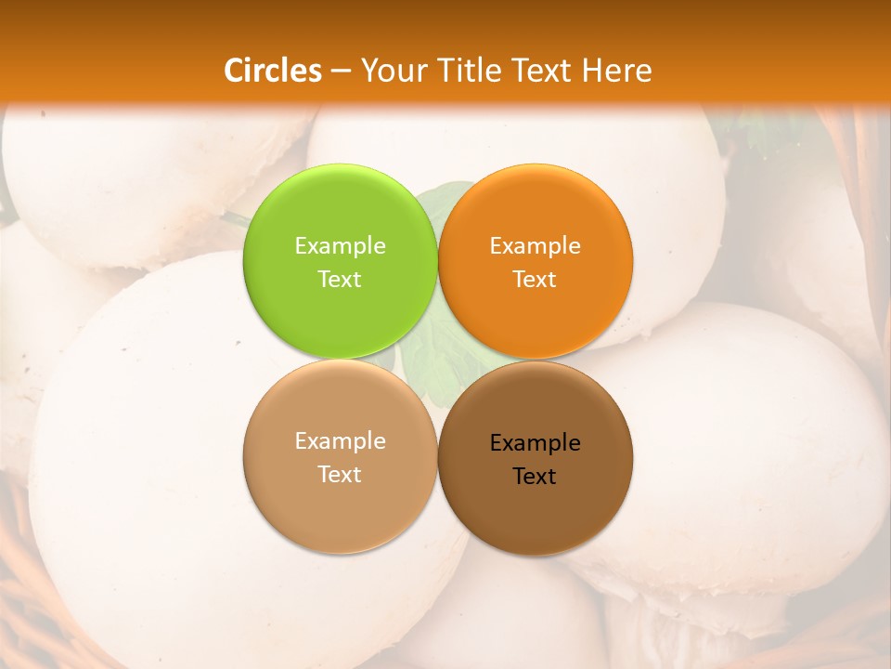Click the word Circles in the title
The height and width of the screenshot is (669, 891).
(273, 71)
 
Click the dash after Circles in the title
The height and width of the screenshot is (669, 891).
(341, 72)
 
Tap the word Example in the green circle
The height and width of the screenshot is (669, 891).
(340, 245)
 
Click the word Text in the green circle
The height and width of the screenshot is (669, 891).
(340, 279)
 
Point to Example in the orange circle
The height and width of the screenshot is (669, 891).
(535, 245)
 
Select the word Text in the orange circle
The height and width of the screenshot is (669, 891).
(535, 279)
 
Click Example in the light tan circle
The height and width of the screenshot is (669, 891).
(340, 440)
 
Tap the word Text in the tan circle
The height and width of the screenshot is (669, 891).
(340, 474)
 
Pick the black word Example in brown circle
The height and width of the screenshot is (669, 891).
(535, 442)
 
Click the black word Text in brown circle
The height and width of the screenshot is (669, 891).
(535, 476)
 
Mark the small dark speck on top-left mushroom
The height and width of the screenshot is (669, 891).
(43, 115)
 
